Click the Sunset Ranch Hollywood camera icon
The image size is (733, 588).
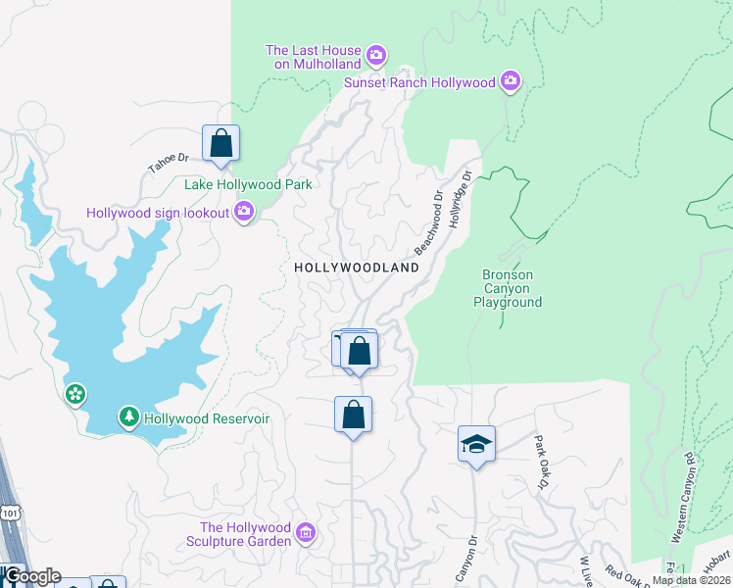click(x=509, y=82)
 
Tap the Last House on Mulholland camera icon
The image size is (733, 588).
click(x=377, y=56)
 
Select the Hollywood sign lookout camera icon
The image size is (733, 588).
click(x=244, y=212)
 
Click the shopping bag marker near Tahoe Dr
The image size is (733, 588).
click(x=221, y=143)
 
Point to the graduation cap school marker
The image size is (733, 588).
click(x=476, y=444)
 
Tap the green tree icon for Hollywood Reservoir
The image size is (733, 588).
click(x=129, y=417)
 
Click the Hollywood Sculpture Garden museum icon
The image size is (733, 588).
click(x=305, y=533)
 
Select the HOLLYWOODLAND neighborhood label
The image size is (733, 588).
click(x=357, y=267)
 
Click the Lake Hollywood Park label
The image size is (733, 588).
click(x=248, y=184)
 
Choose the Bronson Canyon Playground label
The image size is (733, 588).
click(x=508, y=289)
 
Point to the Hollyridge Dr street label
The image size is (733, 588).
click(x=461, y=200)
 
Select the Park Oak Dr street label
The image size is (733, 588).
click(x=539, y=462)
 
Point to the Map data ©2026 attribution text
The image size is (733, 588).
click(x=691, y=580)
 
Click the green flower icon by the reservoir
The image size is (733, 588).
click(x=74, y=394)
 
